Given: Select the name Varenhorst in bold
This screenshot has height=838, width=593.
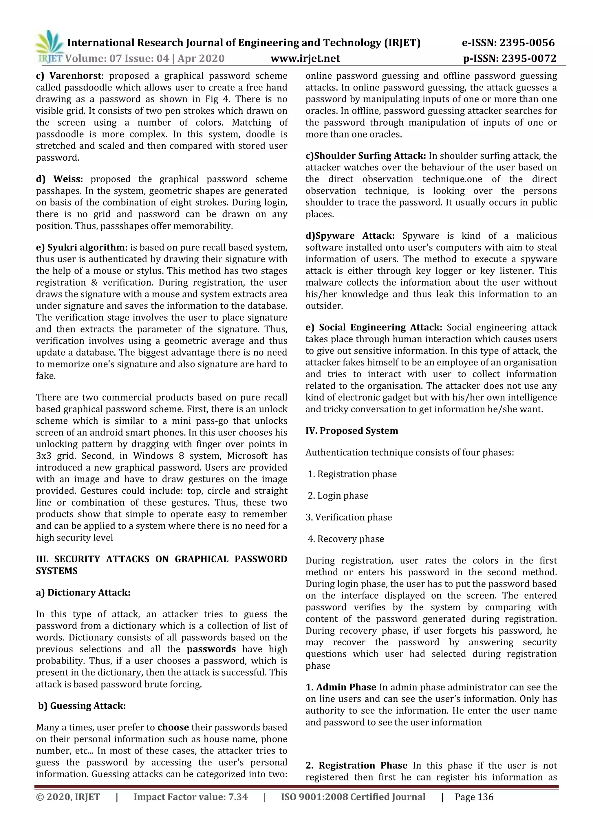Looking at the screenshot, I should [x=75, y=76].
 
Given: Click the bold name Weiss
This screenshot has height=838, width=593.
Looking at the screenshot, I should [x=68, y=179].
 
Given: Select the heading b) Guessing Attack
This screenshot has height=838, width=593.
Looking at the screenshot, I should [x=82, y=706].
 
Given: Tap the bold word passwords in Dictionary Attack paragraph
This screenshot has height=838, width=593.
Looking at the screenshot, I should [x=211, y=649].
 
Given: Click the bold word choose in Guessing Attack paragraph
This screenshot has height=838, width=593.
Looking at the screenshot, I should [x=173, y=727].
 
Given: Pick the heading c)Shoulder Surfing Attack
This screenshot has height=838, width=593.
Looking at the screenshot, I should [x=365, y=156].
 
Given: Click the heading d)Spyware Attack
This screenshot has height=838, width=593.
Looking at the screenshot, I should [x=350, y=236].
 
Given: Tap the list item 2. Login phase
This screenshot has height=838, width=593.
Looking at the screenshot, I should [x=338, y=496].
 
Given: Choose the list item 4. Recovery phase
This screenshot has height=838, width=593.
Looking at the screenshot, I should [x=346, y=539].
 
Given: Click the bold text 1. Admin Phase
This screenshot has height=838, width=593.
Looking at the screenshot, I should [x=341, y=687].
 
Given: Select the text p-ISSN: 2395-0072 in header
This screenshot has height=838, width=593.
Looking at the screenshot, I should [x=509, y=58].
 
